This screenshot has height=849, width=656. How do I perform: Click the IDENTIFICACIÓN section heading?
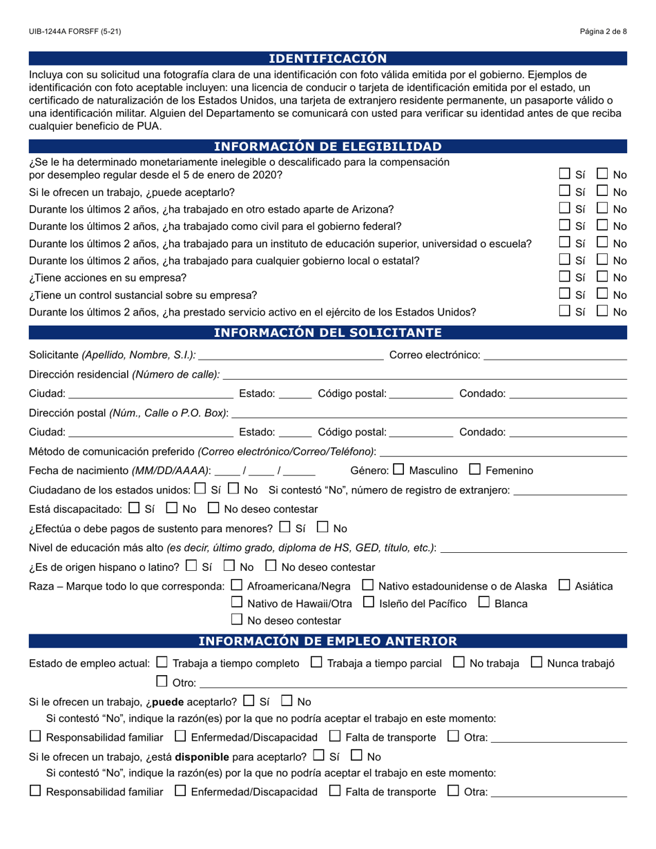point(327,59)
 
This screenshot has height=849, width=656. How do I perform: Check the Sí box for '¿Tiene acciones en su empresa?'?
point(565,277)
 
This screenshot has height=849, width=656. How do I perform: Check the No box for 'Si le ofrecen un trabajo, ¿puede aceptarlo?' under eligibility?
point(603,191)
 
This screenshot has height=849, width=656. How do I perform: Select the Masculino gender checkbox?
point(398,469)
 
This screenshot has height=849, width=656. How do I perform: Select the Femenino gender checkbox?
point(474,469)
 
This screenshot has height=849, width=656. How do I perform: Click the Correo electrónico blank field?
point(555,355)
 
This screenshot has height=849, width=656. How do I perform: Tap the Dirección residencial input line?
point(425,375)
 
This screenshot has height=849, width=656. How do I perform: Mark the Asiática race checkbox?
point(564,585)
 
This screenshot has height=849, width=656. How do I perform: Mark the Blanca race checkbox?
point(484,603)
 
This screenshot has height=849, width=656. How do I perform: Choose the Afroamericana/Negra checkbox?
point(236,585)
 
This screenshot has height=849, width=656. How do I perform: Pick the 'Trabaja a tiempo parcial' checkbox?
point(316,662)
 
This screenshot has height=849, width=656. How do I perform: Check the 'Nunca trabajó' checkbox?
point(537,662)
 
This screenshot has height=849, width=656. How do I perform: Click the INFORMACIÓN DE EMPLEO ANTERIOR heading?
point(327,641)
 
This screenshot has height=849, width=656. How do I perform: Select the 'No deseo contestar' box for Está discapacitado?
point(213,508)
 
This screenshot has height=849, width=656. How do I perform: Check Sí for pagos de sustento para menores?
point(284,527)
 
